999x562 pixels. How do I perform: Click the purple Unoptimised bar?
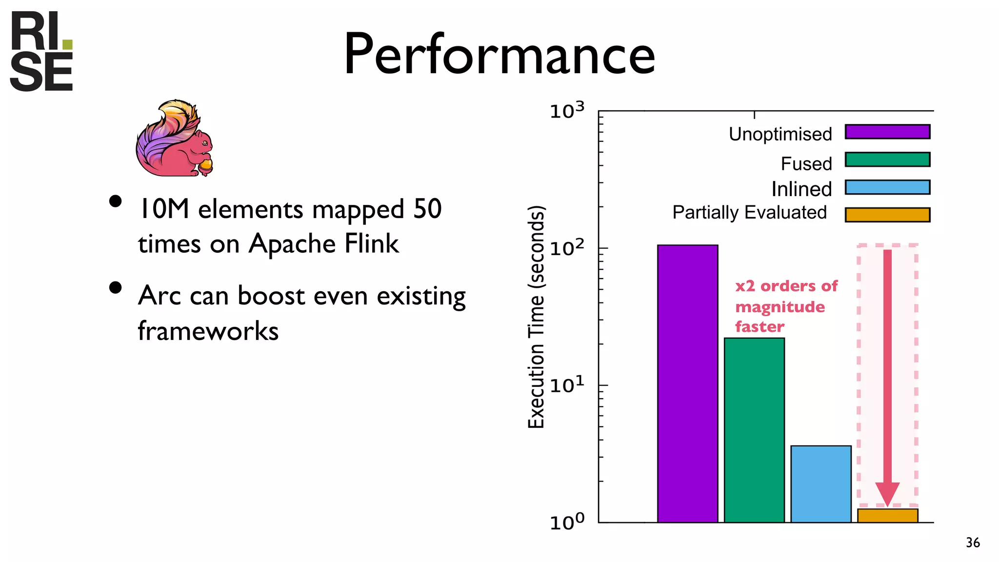pyautogui.click(x=687, y=383)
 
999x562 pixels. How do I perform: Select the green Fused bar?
pyautogui.click(x=754, y=430)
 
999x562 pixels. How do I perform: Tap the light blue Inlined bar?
pyautogui.click(x=821, y=484)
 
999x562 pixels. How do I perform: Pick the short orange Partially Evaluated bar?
pyautogui.click(x=888, y=516)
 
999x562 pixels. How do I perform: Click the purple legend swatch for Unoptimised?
pyautogui.click(x=887, y=132)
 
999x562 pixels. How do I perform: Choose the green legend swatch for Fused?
pyautogui.click(x=887, y=160)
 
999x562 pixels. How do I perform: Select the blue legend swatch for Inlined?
pyautogui.click(x=887, y=187)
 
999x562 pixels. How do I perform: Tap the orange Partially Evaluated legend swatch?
pyautogui.click(x=887, y=215)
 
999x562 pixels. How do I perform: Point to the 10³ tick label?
pyautogui.click(x=567, y=111)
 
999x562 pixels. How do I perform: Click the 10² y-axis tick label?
pyautogui.click(x=567, y=248)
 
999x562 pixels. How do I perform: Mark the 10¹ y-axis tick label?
pyautogui.click(x=567, y=385)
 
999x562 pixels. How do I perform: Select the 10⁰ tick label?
pyautogui.click(x=567, y=522)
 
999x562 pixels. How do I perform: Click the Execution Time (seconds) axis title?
pyautogui.click(x=536, y=317)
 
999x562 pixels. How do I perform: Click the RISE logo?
pyautogui.click(x=41, y=51)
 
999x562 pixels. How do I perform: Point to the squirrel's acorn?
pyautogui.click(x=206, y=165)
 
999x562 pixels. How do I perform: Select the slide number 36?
pyautogui.click(x=973, y=542)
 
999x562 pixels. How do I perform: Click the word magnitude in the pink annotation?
pyautogui.click(x=780, y=307)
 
